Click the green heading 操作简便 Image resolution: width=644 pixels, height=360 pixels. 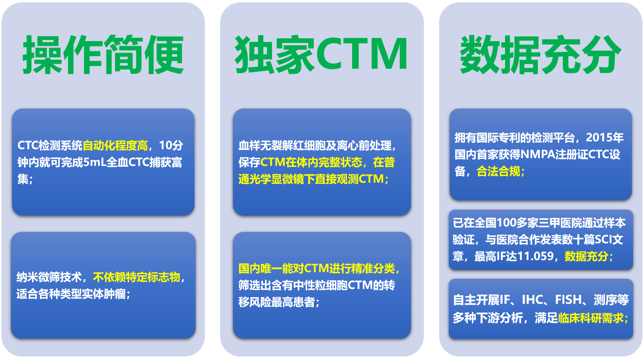tap(103, 55)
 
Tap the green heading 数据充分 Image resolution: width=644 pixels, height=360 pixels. tap(541, 55)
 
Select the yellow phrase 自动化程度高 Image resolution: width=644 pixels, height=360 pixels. tap(115, 146)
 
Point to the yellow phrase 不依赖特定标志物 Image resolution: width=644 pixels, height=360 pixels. tap(137, 277)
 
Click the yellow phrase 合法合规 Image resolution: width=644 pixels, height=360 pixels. tap(498, 172)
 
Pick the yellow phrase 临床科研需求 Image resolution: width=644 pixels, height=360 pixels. tap(591, 318)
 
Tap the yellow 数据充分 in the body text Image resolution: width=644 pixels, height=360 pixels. tap(586, 256)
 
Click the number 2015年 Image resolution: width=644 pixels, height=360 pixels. tap(605, 138)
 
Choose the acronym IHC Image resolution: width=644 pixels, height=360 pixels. tap(532, 300)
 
